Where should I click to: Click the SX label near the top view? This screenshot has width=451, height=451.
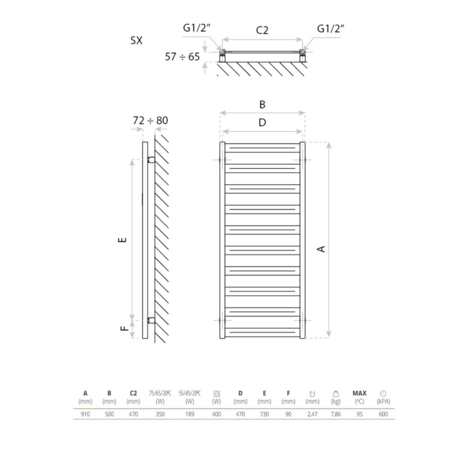(136, 41)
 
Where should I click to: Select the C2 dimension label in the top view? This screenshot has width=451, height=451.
(262, 30)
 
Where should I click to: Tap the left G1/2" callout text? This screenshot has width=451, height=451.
(197, 28)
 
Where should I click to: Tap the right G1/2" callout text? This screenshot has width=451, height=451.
(330, 29)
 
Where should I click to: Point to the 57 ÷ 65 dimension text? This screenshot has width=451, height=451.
(182, 57)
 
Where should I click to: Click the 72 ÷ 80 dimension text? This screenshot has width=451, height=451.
(150, 121)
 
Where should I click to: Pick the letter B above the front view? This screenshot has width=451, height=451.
(262, 104)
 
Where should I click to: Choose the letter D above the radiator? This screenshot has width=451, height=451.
(262, 123)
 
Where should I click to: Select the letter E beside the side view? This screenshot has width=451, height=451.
(122, 240)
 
